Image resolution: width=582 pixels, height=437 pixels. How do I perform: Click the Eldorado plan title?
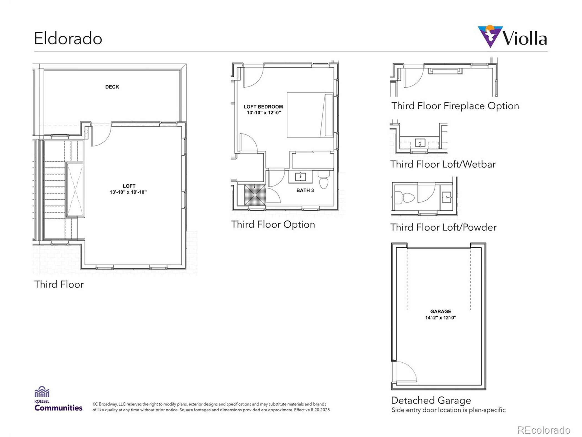(x=68, y=38)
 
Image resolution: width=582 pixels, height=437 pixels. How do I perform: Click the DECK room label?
(x=112, y=87)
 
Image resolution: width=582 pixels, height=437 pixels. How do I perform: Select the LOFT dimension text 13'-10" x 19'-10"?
(x=128, y=192)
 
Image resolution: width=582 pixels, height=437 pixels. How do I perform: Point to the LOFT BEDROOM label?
(x=263, y=107)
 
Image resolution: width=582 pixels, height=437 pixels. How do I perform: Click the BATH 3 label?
(x=305, y=191)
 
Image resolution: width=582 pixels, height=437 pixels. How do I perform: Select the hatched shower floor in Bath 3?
(x=255, y=195)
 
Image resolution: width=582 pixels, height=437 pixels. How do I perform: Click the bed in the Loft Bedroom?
(x=310, y=115)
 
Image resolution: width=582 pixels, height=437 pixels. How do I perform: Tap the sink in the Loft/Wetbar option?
(x=420, y=143)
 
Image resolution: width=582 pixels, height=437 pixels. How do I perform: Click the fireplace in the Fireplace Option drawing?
(x=445, y=71)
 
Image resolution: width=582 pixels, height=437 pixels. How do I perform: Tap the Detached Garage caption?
(x=431, y=400)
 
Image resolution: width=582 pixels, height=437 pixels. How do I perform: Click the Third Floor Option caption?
(x=273, y=224)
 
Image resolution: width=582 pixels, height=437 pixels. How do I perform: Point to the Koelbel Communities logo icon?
(x=42, y=392)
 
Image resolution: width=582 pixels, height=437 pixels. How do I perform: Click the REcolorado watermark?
(x=544, y=430)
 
